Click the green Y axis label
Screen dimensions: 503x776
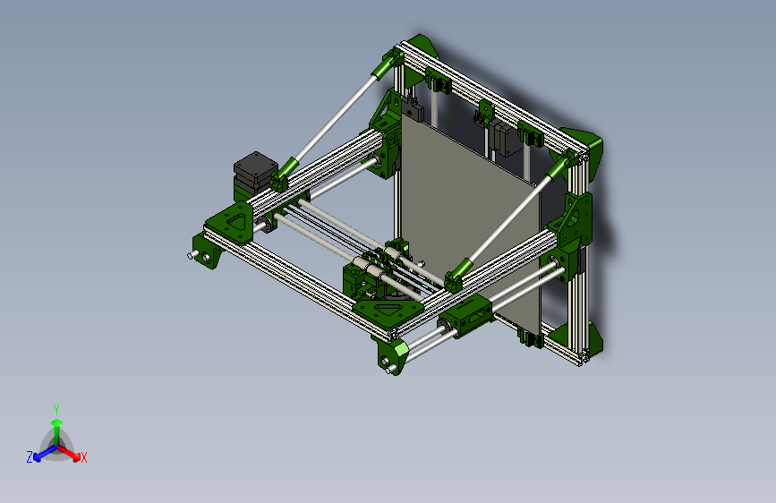55,408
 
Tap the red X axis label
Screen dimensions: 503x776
84,457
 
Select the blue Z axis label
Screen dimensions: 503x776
30,457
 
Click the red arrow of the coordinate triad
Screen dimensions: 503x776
72,453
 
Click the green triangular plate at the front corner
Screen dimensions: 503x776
388,309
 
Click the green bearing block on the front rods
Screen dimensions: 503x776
471,313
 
